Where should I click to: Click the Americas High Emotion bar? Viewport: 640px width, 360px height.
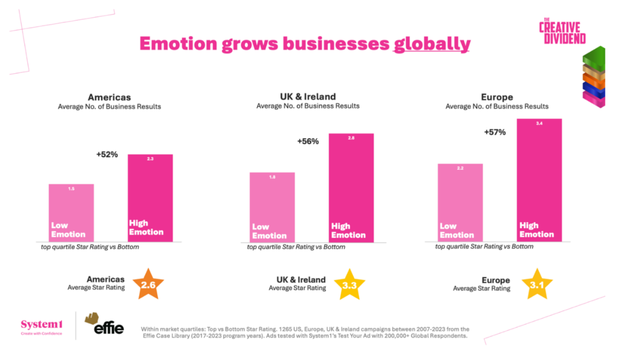(x=150, y=197)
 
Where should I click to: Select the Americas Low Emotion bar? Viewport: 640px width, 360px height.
(x=71, y=212)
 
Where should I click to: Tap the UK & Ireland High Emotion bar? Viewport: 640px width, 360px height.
(x=351, y=187)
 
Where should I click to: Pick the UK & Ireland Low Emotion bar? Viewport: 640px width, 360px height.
(x=272, y=206)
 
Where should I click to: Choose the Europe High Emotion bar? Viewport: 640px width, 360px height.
(x=540, y=179)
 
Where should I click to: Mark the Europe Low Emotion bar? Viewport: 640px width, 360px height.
(x=460, y=202)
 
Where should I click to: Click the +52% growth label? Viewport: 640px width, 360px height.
(x=107, y=155)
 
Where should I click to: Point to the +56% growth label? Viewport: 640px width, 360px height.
(x=308, y=141)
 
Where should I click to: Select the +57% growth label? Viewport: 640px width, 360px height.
(x=495, y=132)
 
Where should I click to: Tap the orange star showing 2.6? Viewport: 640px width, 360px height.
(x=148, y=285)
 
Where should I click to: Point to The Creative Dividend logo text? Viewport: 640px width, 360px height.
(x=562, y=31)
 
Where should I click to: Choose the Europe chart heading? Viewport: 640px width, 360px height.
(x=497, y=97)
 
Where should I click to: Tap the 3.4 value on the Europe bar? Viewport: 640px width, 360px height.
(x=540, y=123)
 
